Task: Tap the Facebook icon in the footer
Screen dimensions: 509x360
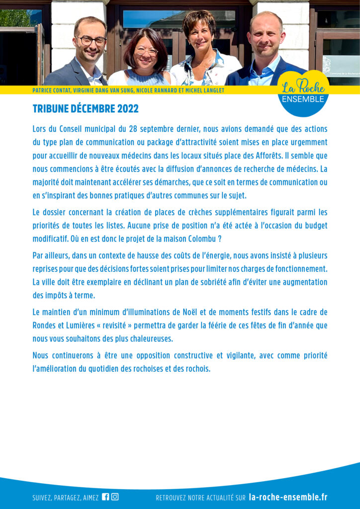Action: click(105, 497)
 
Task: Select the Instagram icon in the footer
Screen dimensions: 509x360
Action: click(115, 497)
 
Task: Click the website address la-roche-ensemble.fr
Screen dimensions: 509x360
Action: click(288, 497)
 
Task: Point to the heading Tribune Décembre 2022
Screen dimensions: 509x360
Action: click(86, 109)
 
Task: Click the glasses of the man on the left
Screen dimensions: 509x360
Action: click(91, 41)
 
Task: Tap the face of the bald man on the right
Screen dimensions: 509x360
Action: click(267, 36)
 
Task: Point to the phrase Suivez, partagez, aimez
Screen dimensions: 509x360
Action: click(65, 498)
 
